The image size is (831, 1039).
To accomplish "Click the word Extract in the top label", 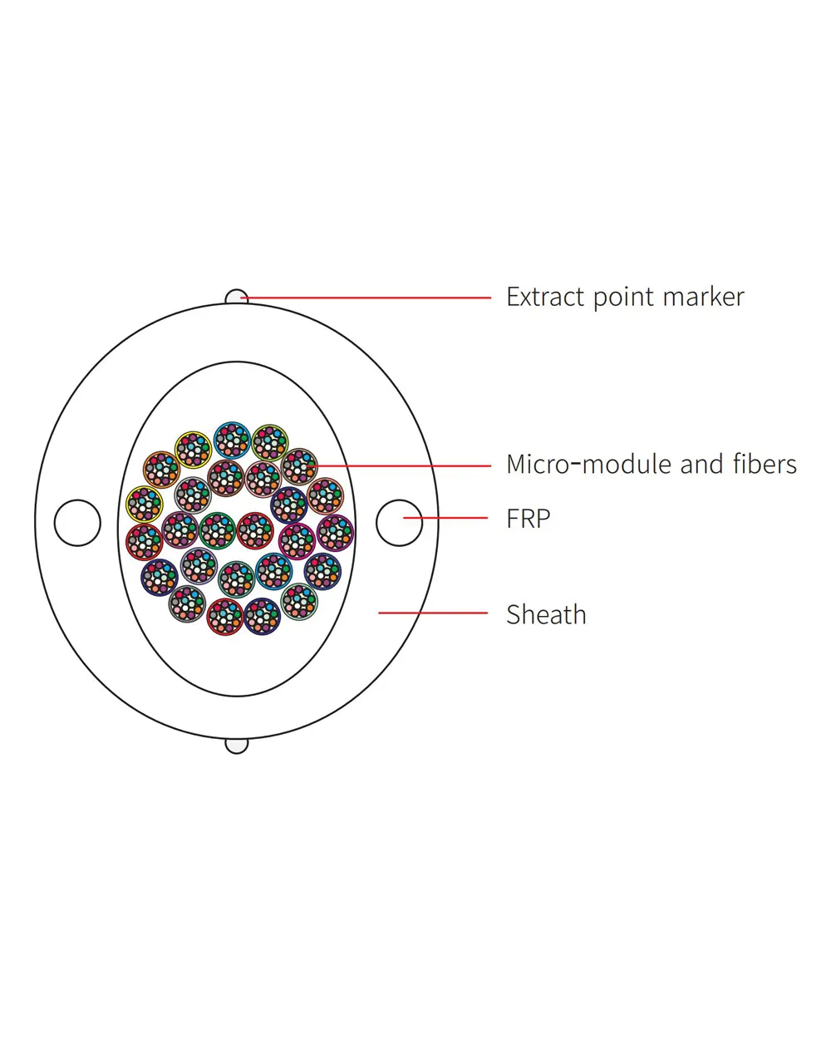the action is pos(545,297).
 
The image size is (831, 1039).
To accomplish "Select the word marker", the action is pos(703,298).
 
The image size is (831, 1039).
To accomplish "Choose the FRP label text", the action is pos(529,519).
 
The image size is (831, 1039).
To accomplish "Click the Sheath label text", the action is pos(546,614).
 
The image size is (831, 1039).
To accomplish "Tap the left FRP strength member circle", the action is pos(77,523).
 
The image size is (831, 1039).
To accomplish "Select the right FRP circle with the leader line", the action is pos(400,523).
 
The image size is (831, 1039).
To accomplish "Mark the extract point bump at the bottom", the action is pos(237,746).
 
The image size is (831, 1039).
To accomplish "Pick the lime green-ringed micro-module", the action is pos(270,443).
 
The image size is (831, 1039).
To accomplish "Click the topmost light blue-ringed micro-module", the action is pos(232,440).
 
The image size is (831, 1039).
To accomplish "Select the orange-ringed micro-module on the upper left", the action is pos(161,470).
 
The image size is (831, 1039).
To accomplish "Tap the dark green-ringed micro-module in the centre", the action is pos(217,530).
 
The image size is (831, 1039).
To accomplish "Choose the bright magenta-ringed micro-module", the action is pos(297,541).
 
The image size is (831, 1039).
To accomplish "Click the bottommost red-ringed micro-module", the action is pos(225,617).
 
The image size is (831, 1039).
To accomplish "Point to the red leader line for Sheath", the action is pos(433,613).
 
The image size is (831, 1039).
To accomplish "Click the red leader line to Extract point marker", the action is pos(366,298).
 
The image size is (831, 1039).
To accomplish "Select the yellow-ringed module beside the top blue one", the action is pos(193,450).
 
